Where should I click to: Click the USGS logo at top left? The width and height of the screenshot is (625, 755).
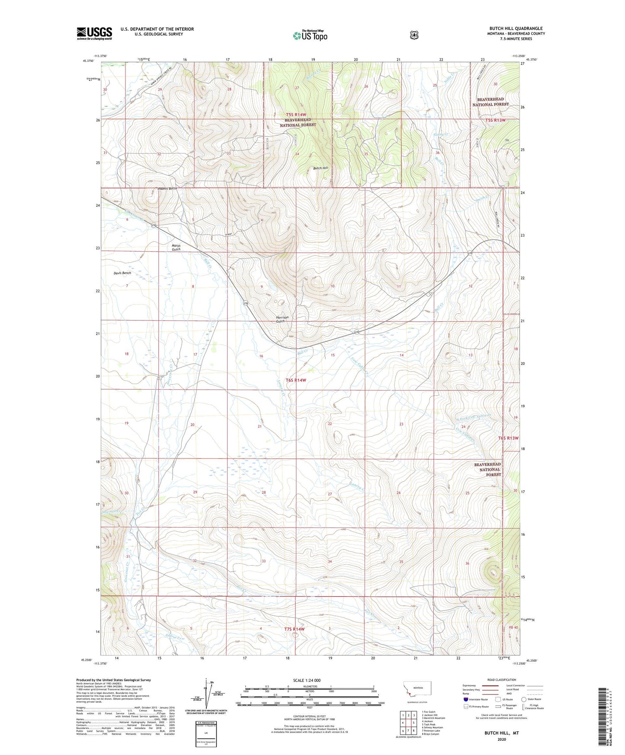coord(94,33)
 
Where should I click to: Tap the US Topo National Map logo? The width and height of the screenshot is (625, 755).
coord(310,35)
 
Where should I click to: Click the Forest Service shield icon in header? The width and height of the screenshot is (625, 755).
coord(414,35)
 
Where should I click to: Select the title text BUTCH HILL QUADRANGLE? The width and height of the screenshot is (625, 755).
coord(516,29)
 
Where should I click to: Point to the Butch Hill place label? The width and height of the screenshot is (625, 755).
coord(321,168)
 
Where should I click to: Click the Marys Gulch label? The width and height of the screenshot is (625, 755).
coord(176,247)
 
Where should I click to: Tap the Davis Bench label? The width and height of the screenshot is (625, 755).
coord(122,273)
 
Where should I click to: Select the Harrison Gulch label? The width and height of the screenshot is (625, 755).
coord(282,319)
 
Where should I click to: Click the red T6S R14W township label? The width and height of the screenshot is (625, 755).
coord(296,380)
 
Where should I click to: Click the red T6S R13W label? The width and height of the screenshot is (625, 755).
coord(508,438)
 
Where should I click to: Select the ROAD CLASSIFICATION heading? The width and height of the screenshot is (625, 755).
coord(502,680)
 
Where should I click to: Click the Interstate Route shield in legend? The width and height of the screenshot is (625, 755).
coord(465,699)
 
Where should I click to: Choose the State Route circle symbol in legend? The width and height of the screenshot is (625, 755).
coord(524,699)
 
